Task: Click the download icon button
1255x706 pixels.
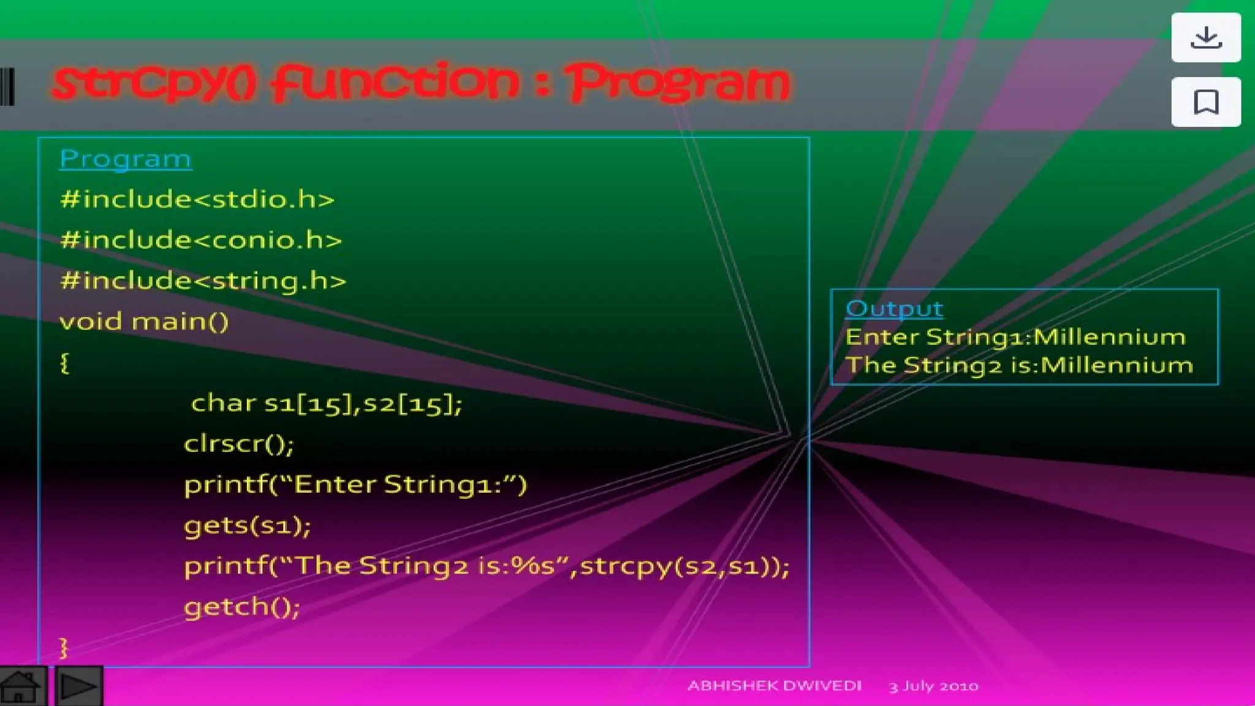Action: pos(1206,37)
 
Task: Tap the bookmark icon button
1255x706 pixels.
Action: pos(1206,102)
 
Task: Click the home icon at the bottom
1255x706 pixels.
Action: pos(21,686)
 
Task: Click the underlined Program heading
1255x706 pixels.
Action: pos(126,159)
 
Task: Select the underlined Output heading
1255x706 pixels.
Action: pos(894,309)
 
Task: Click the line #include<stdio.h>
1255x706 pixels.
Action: pos(197,200)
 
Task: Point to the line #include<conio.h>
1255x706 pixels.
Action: pos(201,240)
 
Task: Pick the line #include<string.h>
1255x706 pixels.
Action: pos(203,281)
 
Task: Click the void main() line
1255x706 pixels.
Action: pos(144,322)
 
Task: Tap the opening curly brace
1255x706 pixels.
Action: pos(64,363)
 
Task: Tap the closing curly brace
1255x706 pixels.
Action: pos(63,648)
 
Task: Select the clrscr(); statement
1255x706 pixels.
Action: pos(239,444)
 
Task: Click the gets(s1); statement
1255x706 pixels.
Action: pos(248,526)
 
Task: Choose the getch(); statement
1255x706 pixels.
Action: pos(242,607)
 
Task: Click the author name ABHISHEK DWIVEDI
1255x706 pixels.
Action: pos(775,686)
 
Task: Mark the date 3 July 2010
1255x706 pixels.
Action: pos(933,686)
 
